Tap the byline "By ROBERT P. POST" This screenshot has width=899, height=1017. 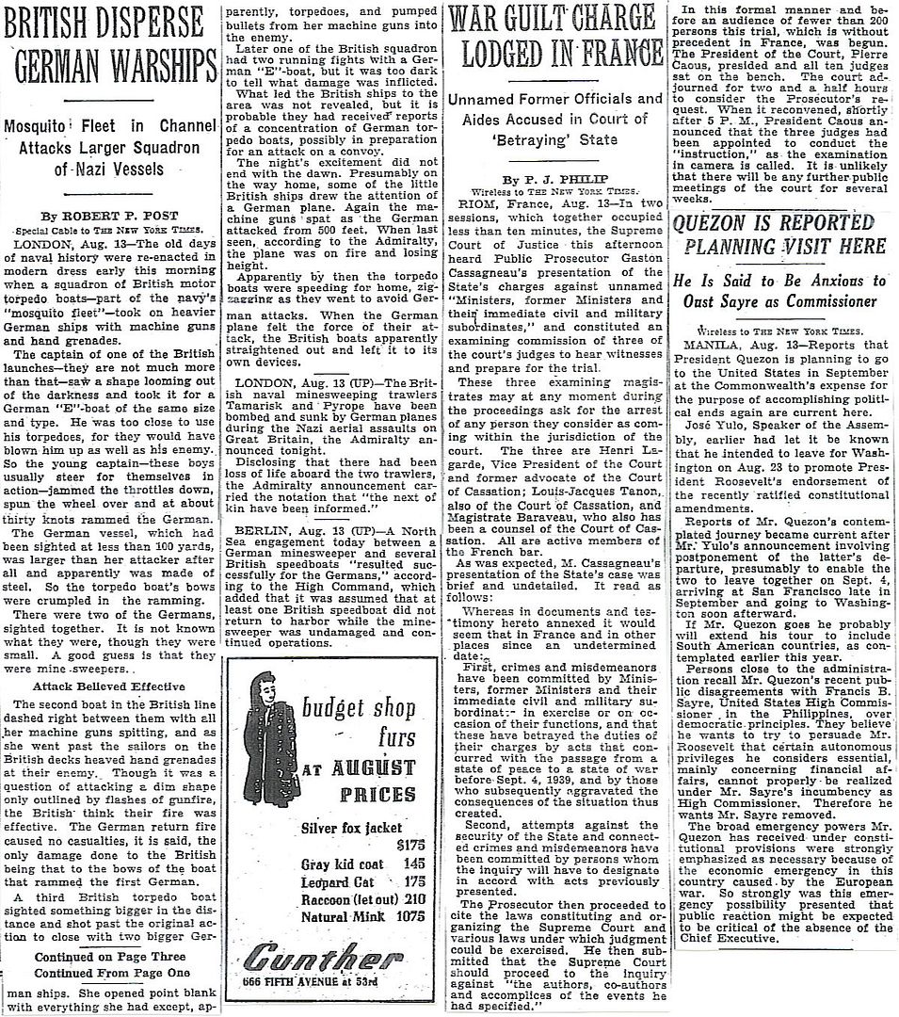coord(112,215)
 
